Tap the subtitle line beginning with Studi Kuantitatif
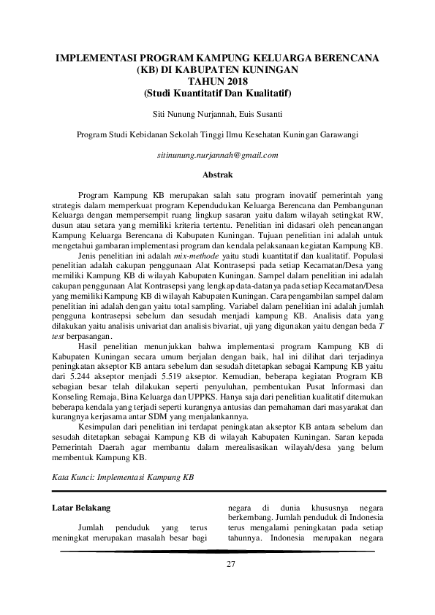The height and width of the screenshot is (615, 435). point(217,92)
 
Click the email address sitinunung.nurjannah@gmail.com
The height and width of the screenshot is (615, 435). point(217,156)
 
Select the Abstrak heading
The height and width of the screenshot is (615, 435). point(217,175)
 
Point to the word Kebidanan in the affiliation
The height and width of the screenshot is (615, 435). point(148,134)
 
